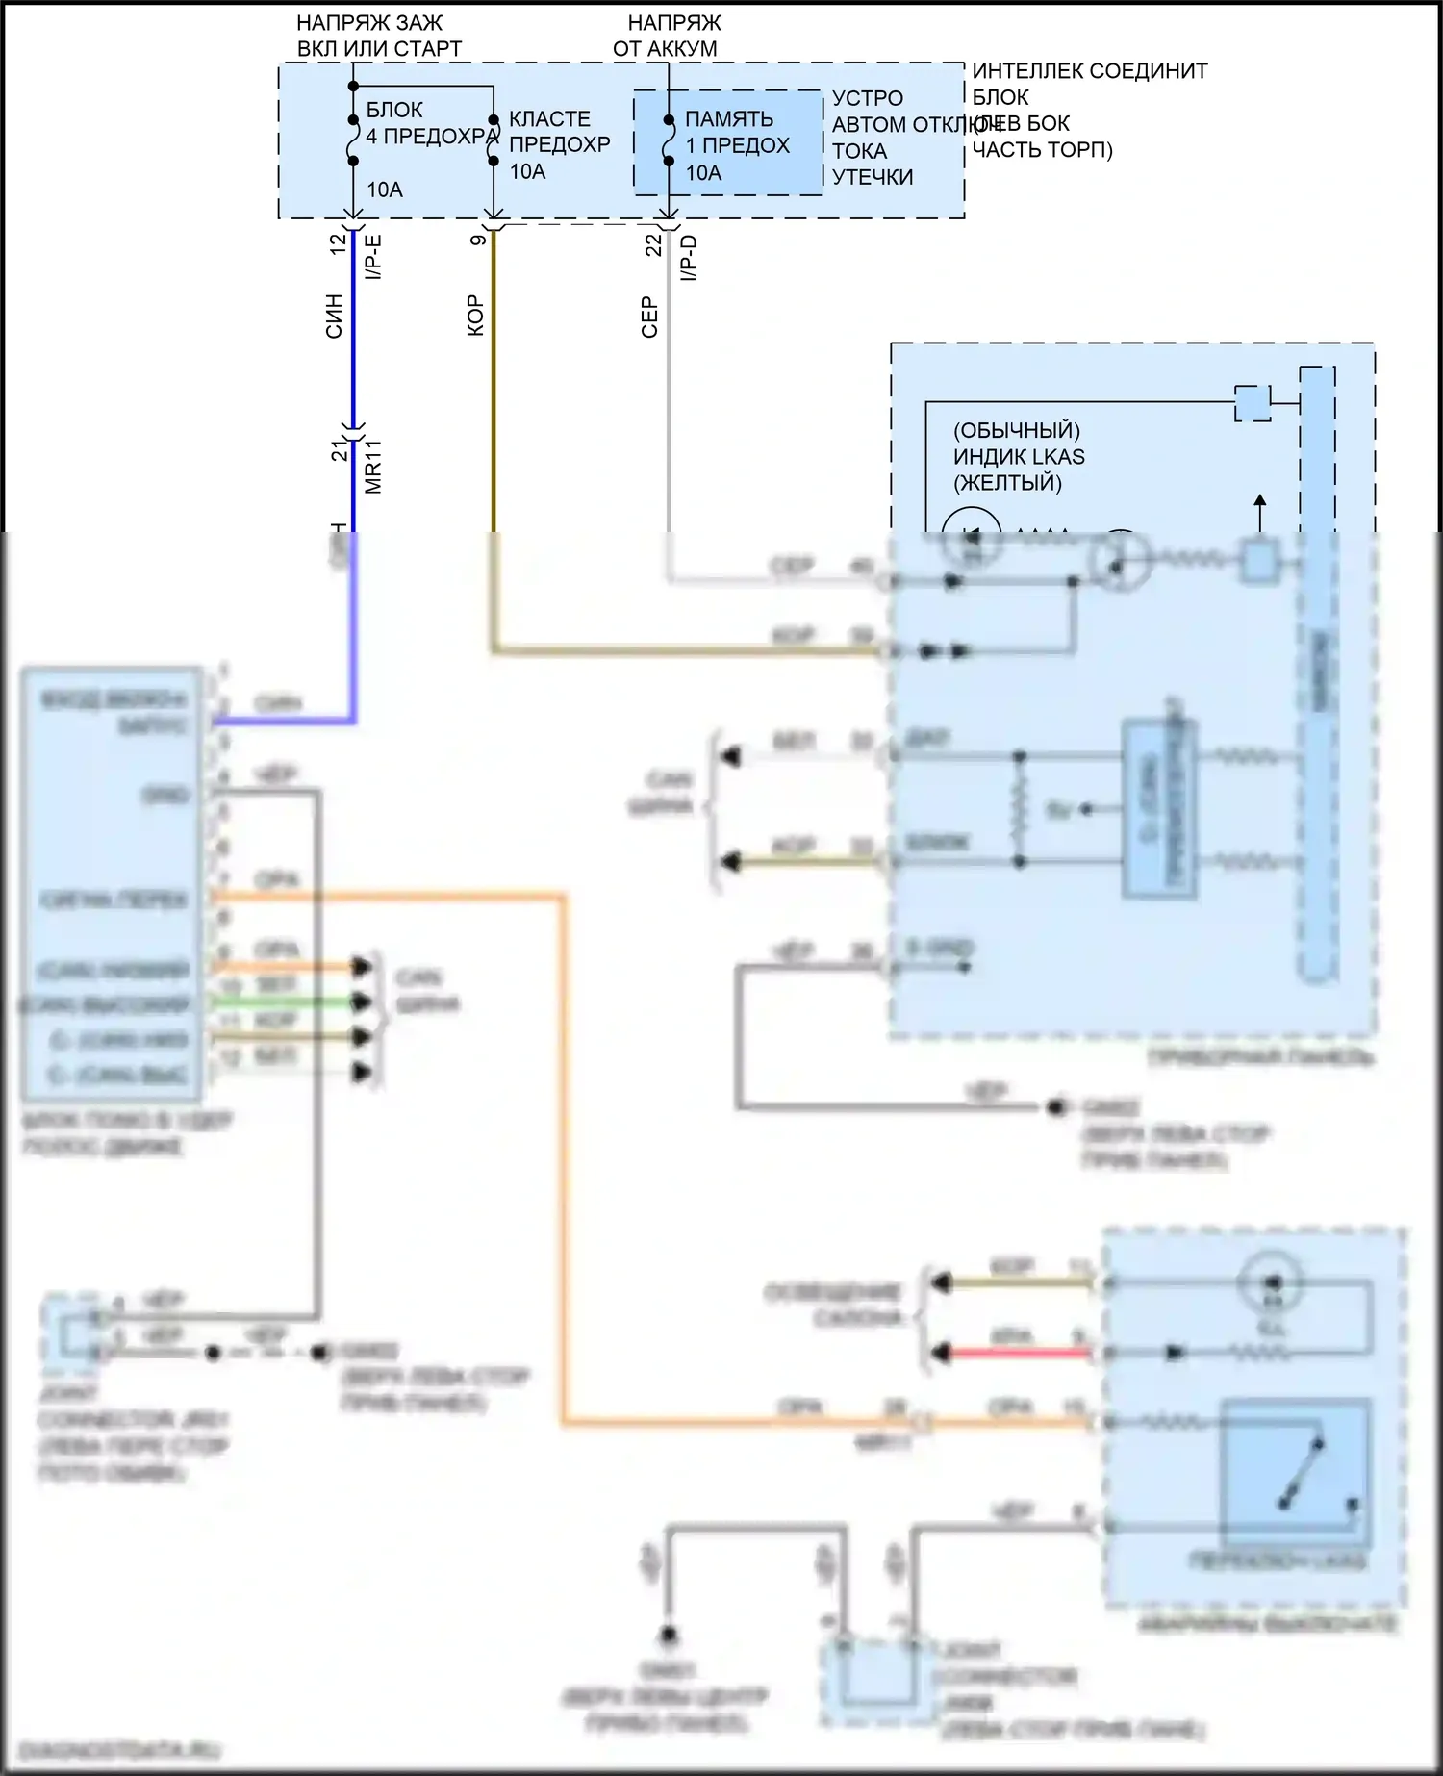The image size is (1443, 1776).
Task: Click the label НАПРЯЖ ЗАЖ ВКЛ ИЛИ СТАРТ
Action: [x=378, y=36]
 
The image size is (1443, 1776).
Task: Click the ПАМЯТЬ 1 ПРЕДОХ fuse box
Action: [x=728, y=143]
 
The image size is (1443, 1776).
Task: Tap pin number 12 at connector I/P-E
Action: [x=338, y=244]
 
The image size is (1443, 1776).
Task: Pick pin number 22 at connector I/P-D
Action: [x=654, y=245]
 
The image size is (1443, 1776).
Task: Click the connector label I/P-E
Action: [x=374, y=256]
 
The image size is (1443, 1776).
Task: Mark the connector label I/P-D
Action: [x=689, y=258]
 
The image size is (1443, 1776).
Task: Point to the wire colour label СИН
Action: [x=334, y=316]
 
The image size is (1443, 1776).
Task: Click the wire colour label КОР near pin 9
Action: [x=475, y=316]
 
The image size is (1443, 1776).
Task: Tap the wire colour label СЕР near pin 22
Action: [x=649, y=317]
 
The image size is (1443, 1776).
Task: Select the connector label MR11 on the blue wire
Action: [x=374, y=467]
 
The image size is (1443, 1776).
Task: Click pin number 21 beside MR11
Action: [x=340, y=450]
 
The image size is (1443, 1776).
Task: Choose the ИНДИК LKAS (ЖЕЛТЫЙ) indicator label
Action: [x=1018, y=456]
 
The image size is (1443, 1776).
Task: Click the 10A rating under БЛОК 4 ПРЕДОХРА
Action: [x=385, y=190]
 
